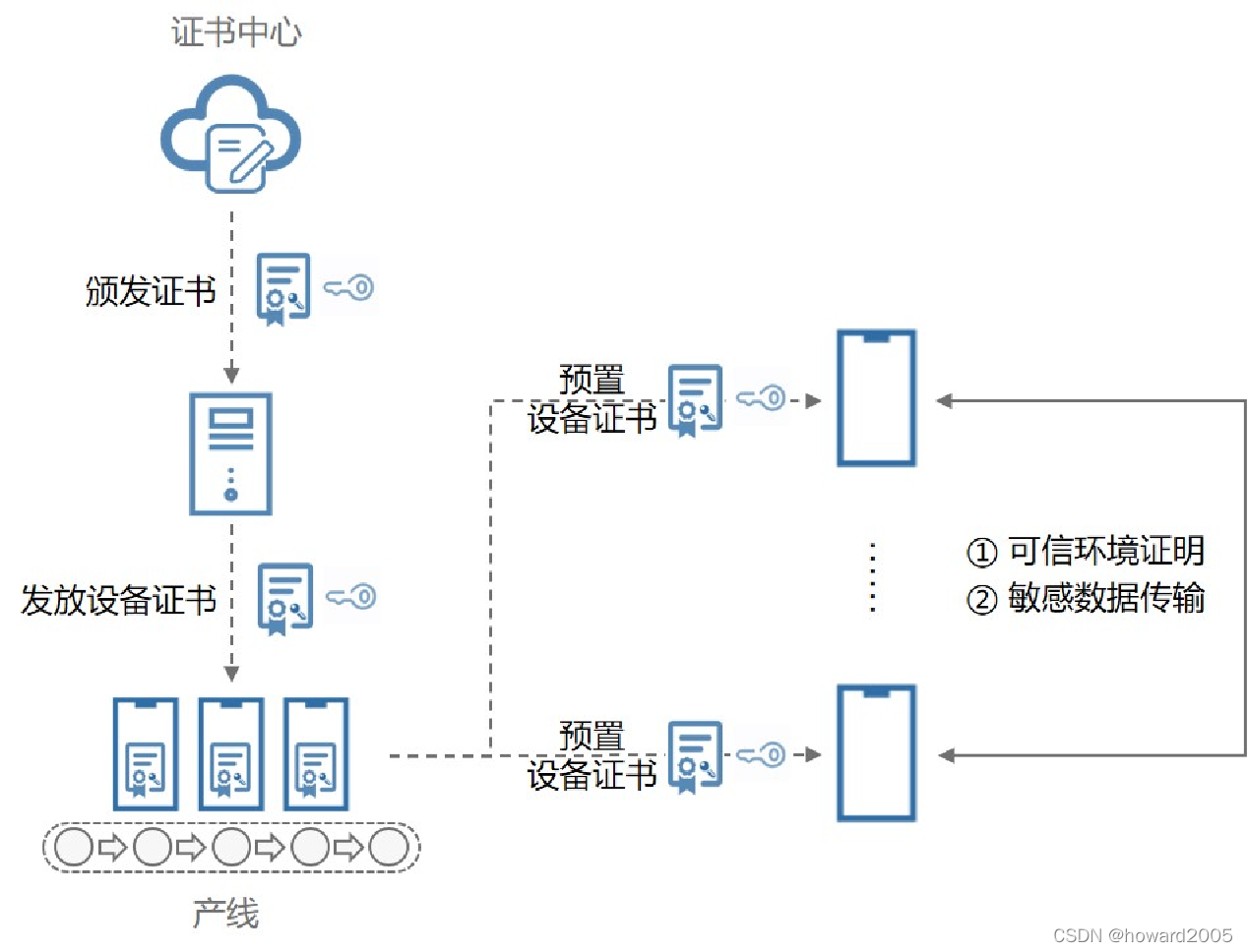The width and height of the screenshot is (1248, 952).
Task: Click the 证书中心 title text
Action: pyautogui.click(x=236, y=32)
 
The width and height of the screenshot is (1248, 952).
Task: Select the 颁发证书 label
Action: pyautogui.click(x=151, y=291)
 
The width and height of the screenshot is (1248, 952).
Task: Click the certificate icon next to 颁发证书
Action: pyautogui.click(x=282, y=288)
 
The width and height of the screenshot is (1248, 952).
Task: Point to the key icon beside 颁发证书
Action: pyautogui.click(x=349, y=287)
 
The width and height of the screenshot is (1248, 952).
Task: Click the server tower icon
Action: pyautogui.click(x=230, y=453)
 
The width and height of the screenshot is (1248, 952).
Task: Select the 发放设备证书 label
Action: pyautogui.click(x=118, y=599)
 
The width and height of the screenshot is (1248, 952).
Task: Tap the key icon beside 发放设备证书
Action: pyautogui.click(x=351, y=597)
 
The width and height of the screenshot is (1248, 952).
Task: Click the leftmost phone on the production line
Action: pyautogui.click(x=146, y=753)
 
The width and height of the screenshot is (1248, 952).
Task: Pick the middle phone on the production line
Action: pyautogui.click(x=230, y=753)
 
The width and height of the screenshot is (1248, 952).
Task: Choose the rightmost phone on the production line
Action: pyautogui.click(x=316, y=753)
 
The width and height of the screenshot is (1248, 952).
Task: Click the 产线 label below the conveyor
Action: pyautogui.click(x=225, y=914)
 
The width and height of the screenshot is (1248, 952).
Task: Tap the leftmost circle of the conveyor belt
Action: pyautogui.click(x=74, y=847)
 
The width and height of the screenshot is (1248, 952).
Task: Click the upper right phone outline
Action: pyautogui.click(x=876, y=398)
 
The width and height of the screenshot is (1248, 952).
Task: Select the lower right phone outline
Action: pyautogui.click(x=876, y=753)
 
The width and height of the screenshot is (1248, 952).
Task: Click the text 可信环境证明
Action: pyautogui.click(x=1106, y=551)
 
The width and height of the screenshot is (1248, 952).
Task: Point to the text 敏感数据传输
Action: pyautogui.click(x=1106, y=598)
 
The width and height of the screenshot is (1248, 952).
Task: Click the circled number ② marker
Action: pyautogui.click(x=981, y=599)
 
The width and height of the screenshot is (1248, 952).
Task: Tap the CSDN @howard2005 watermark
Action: pyautogui.click(x=1142, y=935)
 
